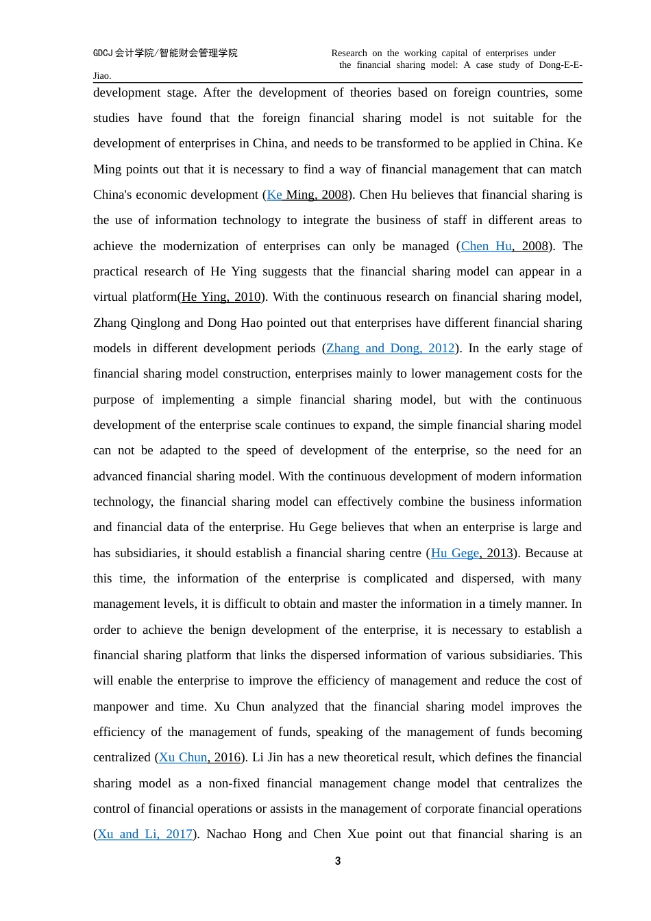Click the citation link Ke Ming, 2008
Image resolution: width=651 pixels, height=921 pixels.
click(307, 195)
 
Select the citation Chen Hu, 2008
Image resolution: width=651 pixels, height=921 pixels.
click(504, 246)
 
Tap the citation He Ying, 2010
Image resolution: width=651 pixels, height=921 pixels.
click(221, 297)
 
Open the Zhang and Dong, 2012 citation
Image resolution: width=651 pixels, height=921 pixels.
click(390, 348)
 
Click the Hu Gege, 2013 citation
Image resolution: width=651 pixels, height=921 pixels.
click(471, 553)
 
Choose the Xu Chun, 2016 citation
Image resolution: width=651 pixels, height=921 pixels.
click(199, 757)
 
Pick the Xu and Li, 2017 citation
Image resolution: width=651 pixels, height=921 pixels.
click(145, 834)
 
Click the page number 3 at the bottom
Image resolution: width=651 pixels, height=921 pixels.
click(338, 861)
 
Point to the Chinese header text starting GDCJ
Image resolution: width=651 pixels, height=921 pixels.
click(165, 53)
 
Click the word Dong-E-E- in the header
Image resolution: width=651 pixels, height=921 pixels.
click(561, 65)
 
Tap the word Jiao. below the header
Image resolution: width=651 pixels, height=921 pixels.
click(102, 76)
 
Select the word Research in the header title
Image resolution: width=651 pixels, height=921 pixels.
click(349, 53)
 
